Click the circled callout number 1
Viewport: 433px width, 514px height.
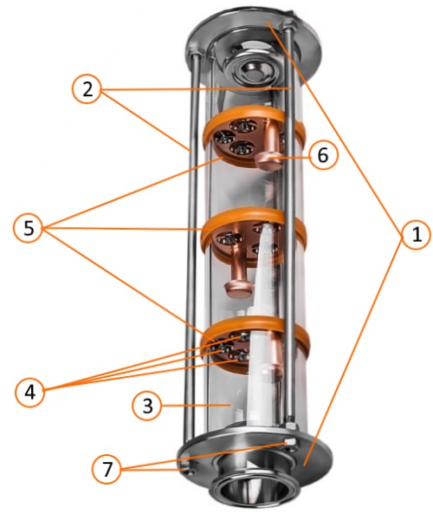click(x=416, y=235)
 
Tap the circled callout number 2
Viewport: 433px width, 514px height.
click(x=87, y=89)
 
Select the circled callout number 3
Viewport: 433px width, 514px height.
click(x=147, y=406)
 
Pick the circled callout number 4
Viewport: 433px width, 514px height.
click(x=29, y=392)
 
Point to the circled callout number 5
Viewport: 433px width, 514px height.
click(x=29, y=228)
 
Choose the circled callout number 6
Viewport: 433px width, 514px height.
click(x=323, y=155)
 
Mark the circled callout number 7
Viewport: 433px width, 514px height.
click(x=107, y=469)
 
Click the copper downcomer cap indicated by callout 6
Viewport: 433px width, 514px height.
click(x=268, y=161)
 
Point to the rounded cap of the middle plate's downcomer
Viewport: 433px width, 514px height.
click(x=238, y=288)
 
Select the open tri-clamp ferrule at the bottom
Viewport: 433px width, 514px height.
click(x=251, y=489)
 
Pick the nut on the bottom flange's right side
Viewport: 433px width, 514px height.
click(x=290, y=443)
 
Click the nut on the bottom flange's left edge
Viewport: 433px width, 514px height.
click(x=186, y=467)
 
